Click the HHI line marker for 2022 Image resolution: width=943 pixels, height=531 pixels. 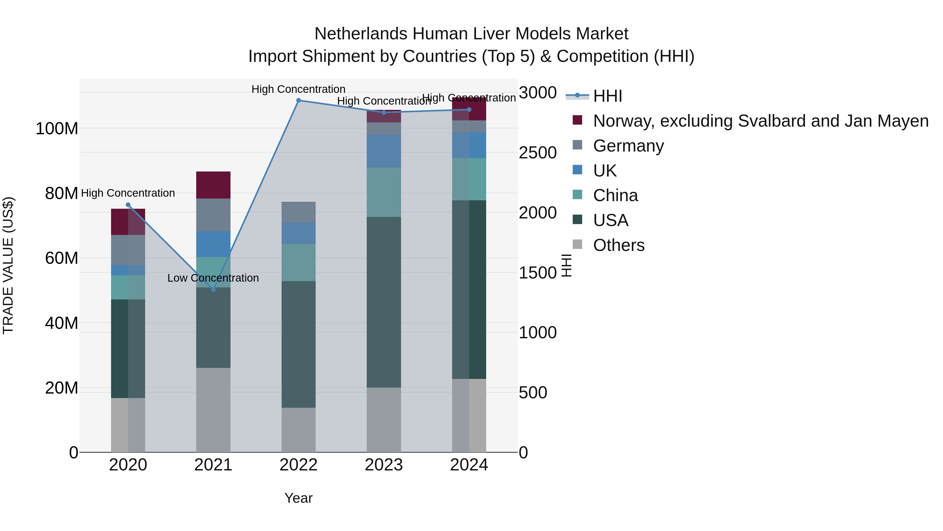(x=298, y=100)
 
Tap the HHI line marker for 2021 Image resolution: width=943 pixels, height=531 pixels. (x=213, y=290)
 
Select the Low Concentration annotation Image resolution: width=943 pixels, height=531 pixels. (x=213, y=278)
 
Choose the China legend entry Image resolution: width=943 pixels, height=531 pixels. (x=615, y=196)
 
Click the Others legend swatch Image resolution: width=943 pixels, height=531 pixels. (x=577, y=244)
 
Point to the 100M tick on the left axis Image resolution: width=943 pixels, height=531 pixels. (x=57, y=129)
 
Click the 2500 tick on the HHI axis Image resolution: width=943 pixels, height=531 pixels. (x=538, y=153)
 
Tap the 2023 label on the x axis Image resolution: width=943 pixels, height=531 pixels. (x=384, y=465)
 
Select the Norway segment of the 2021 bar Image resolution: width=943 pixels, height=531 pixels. (x=213, y=185)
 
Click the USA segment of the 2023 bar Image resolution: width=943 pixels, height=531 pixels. (x=384, y=302)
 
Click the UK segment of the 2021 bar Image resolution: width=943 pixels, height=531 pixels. (x=213, y=244)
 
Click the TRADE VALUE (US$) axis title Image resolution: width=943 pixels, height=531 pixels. (x=8, y=265)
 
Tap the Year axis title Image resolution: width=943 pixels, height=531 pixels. (x=298, y=498)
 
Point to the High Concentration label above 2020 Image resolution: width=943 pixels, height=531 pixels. (x=128, y=193)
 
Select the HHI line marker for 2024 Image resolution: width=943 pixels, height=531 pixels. (x=469, y=110)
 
